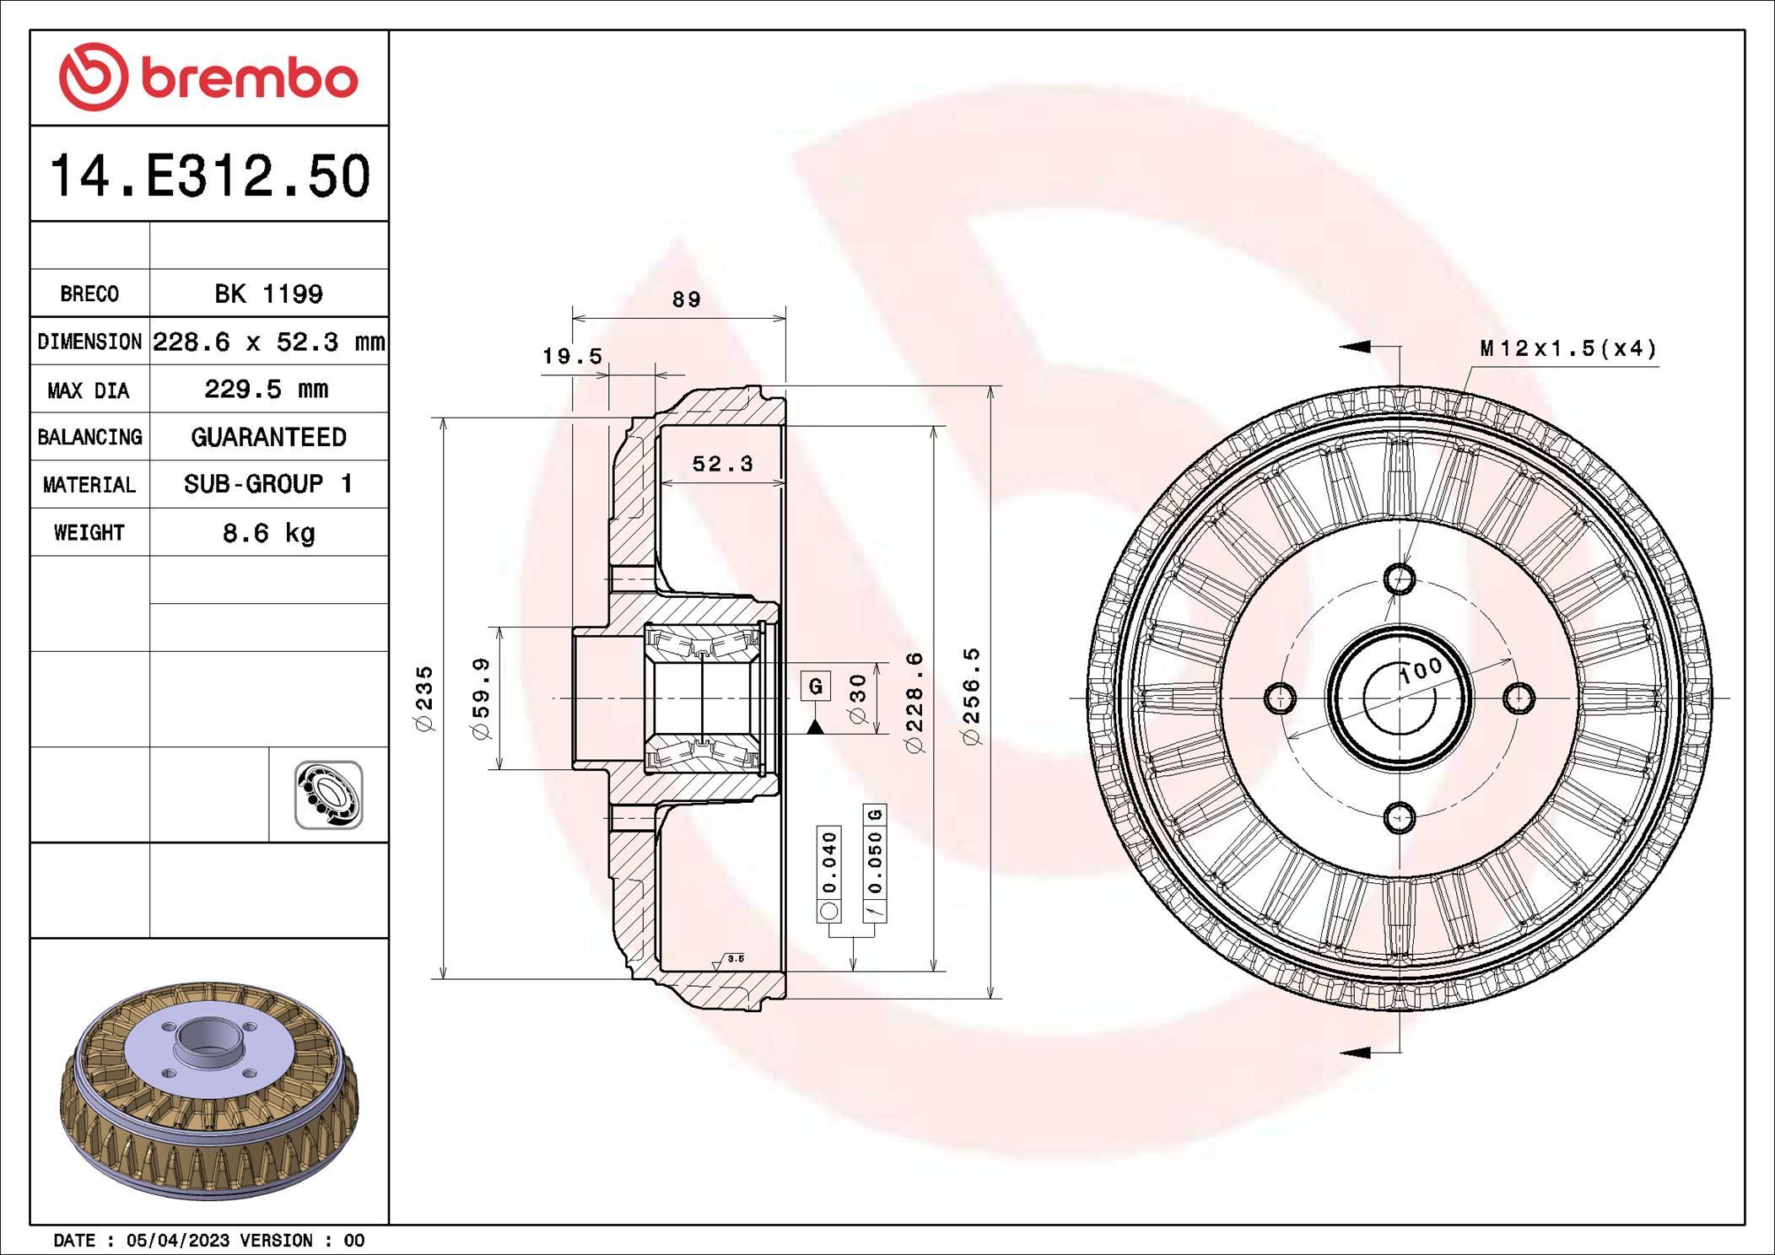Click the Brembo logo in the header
click(x=208, y=78)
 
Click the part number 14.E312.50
click(x=209, y=175)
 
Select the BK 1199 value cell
click(x=268, y=294)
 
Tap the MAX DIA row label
click(x=89, y=390)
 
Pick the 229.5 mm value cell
click(x=267, y=389)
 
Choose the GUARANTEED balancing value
click(x=268, y=437)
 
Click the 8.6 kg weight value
click(x=268, y=533)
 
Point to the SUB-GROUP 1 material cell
click(x=268, y=484)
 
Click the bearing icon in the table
click(x=328, y=794)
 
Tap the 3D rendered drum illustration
click(x=209, y=1088)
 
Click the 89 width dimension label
click(x=686, y=299)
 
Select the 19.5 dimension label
click(x=572, y=356)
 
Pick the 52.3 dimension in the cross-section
click(x=722, y=463)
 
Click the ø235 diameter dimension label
click(x=424, y=698)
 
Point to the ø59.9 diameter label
click(x=481, y=698)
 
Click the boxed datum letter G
click(x=815, y=686)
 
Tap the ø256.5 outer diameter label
click(x=972, y=696)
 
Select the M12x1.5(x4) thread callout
click(x=1567, y=348)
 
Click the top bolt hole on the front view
click(x=1400, y=579)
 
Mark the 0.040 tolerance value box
click(x=829, y=862)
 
